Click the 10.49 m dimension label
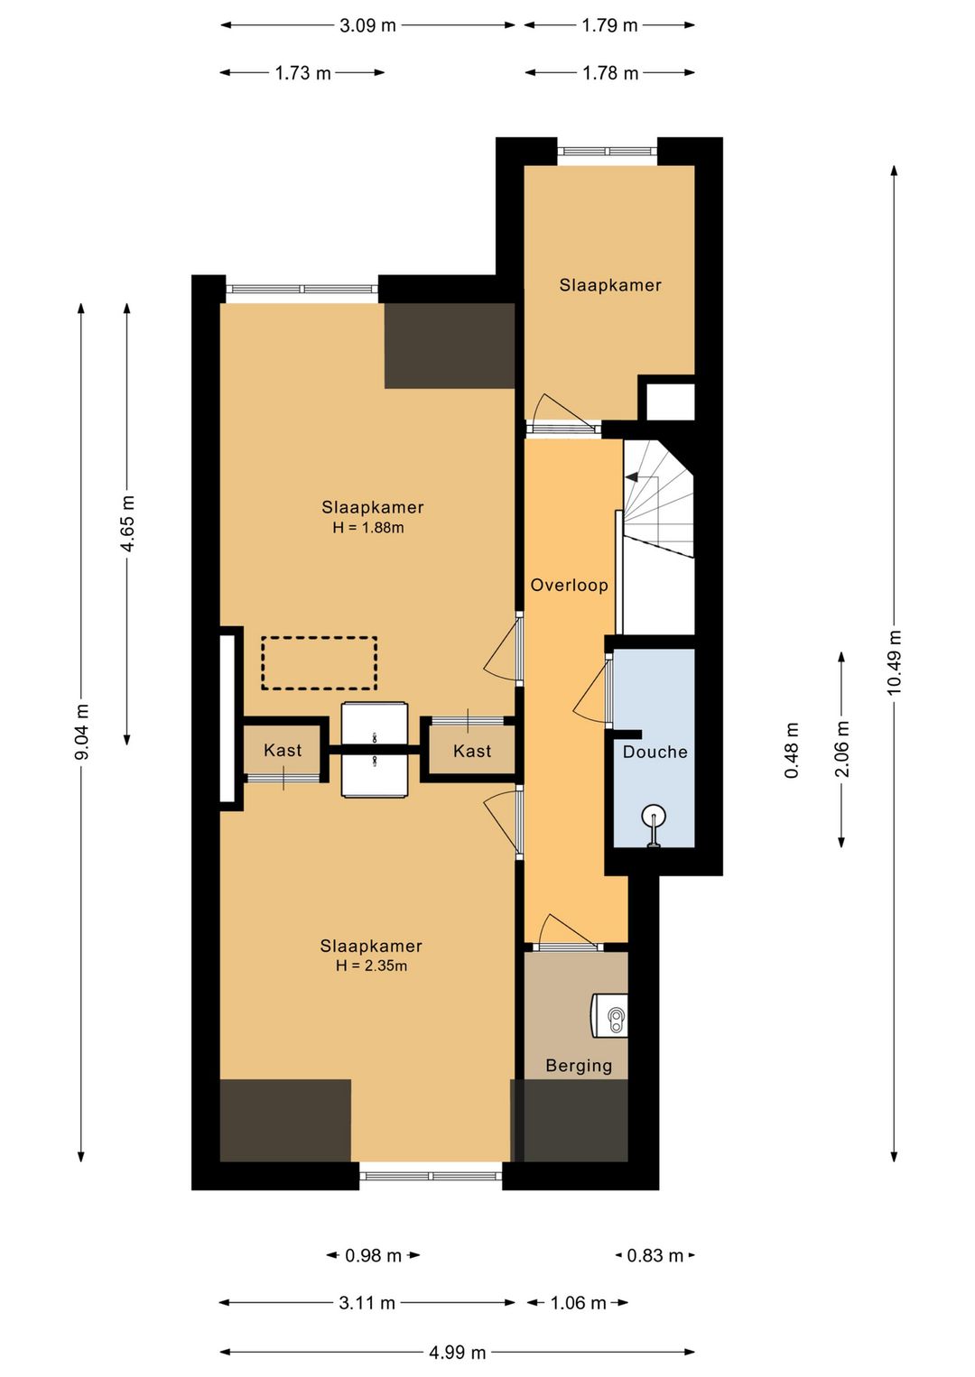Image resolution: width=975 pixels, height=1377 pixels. [894, 662]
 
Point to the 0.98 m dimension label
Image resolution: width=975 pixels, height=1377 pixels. [373, 1254]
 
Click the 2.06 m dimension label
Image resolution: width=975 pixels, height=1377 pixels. [842, 749]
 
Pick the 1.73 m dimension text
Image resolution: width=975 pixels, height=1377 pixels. [302, 73]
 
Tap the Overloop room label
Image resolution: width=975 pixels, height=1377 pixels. [569, 585]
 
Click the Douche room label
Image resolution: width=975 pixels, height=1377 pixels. [655, 751]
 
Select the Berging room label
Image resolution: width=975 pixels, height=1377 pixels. [579, 1066]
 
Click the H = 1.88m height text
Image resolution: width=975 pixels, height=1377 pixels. [368, 528]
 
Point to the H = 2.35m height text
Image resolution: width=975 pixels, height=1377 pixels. [371, 966]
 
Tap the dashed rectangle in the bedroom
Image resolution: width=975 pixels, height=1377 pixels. [320, 662]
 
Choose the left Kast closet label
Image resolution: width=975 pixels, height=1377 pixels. [283, 750]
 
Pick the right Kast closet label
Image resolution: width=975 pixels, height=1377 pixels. [472, 751]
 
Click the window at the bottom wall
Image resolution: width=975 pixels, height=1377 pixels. [431, 1176]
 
